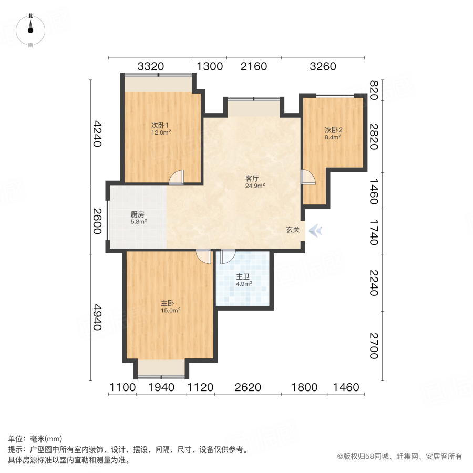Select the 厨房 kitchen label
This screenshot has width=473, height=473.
pyautogui.click(x=138, y=214)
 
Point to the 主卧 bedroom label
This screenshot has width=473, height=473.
pyautogui.click(x=168, y=303)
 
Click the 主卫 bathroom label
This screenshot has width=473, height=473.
pyautogui.click(x=243, y=276)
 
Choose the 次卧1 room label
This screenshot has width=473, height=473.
pyautogui.click(x=160, y=125)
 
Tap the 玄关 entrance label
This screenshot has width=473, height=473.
pyautogui.click(x=293, y=230)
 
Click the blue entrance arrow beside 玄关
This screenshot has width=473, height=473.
pyautogui.click(x=315, y=230)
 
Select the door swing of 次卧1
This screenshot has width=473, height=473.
pyautogui.click(x=177, y=178)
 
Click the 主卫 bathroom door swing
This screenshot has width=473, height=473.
pyautogui.click(x=228, y=256)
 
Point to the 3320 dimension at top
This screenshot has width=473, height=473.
pyautogui.click(x=151, y=67)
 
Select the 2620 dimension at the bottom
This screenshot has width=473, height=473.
pyautogui.click(x=248, y=388)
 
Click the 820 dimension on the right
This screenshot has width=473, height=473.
pyautogui.click(x=374, y=90)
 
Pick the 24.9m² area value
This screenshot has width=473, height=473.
pyautogui.click(x=255, y=186)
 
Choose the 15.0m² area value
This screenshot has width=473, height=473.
pyautogui.click(x=171, y=310)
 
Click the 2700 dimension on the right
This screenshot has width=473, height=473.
pyautogui.click(x=374, y=345)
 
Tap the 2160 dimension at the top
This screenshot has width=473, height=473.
pyautogui.click(x=254, y=67)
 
